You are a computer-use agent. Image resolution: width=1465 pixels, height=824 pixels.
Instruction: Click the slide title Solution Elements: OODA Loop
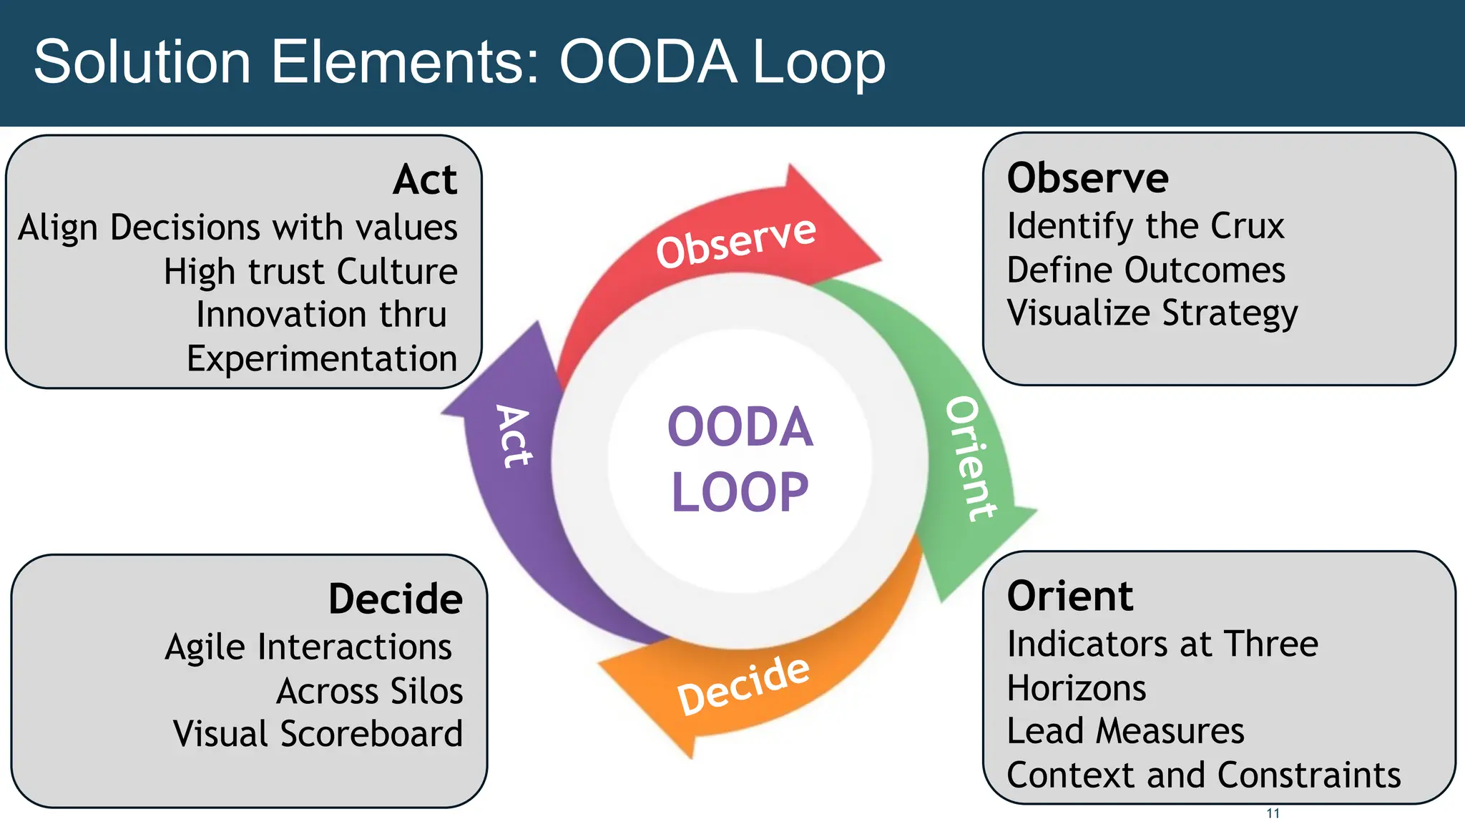coord(459,62)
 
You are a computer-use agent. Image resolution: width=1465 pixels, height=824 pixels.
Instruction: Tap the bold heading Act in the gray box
coord(425,179)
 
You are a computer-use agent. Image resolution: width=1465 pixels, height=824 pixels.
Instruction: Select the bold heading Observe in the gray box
coord(1087,177)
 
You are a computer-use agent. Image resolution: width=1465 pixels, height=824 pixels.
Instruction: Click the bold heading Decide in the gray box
coord(395,599)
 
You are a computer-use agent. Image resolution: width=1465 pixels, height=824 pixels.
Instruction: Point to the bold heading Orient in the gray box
coord(1069,596)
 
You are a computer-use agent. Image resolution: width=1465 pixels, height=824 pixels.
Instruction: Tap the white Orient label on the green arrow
coord(971,458)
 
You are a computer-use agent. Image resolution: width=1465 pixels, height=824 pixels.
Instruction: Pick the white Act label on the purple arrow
coord(514,436)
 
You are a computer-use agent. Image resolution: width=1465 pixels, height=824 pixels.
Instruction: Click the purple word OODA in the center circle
coord(740,427)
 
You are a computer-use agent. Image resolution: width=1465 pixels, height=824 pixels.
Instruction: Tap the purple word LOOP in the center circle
coord(740,492)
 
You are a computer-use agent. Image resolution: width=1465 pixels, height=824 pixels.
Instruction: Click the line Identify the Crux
coord(1145,227)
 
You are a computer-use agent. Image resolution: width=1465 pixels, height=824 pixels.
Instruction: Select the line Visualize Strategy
coord(1152,313)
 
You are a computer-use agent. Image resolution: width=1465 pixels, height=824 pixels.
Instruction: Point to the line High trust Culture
coord(310,272)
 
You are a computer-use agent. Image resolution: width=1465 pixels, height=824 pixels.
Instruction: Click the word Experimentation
coord(322,358)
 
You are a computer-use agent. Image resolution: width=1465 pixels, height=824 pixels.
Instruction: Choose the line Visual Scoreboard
coord(318,734)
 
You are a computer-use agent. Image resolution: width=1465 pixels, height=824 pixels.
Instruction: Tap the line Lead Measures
coord(1125,731)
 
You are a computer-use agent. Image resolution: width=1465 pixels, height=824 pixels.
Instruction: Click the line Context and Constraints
coord(1203,775)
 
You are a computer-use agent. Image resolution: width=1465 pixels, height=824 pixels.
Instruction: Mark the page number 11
coord(1273,813)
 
